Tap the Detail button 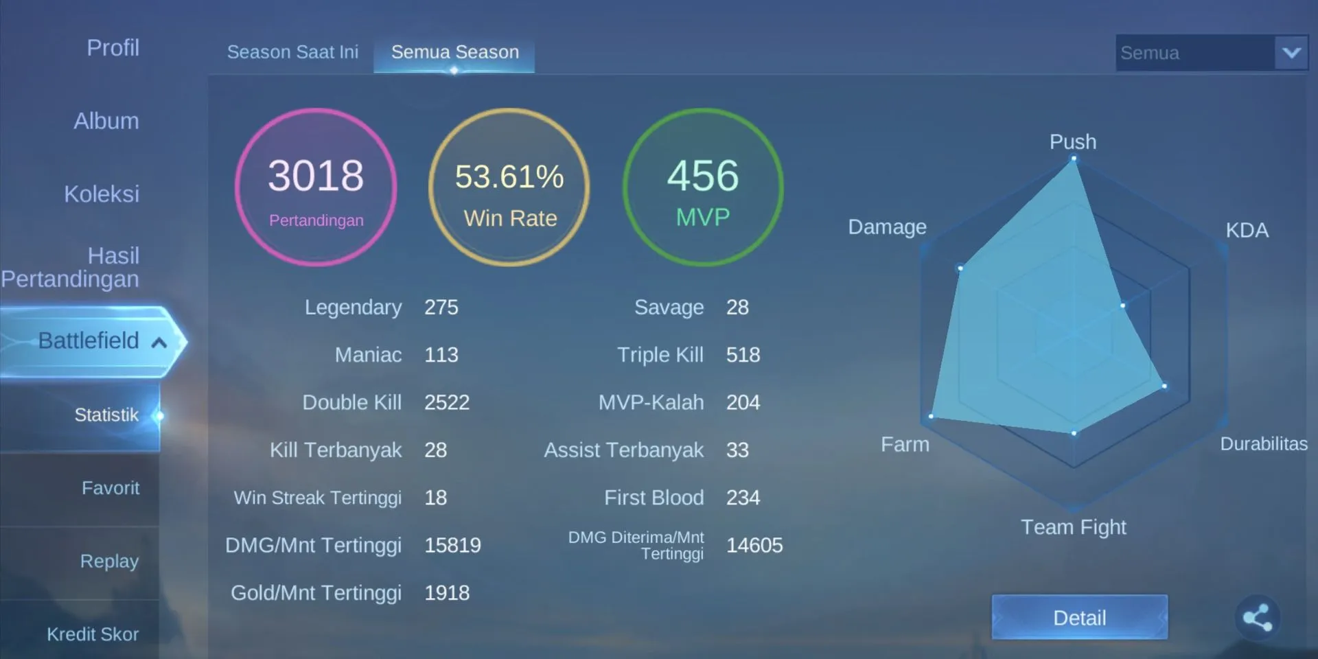[x=1079, y=617]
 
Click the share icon [x=1257, y=617]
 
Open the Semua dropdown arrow [x=1291, y=52]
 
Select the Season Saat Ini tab [x=292, y=52]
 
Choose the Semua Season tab [x=454, y=52]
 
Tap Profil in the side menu [x=113, y=48]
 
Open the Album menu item [x=106, y=122]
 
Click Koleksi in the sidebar [x=102, y=194]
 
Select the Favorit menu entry [x=111, y=488]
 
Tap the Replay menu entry [x=109, y=562]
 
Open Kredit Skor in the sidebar [x=93, y=634]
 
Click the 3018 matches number [x=316, y=176]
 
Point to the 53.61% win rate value [x=509, y=176]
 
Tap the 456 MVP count [x=703, y=176]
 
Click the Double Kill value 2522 [x=447, y=402]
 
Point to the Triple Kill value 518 [x=743, y=355]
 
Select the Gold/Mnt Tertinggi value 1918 [x=447, y=593]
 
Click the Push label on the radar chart [x=1073, y=142]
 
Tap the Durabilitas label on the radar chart [x=1263, y=444]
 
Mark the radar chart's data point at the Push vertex [x=1074, y=159]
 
